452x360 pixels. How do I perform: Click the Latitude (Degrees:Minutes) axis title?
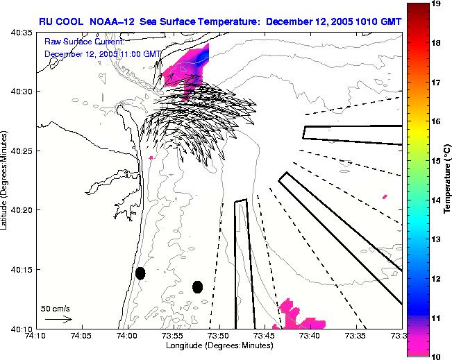(x=6, y=179)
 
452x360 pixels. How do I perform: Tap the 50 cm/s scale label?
(x=55, y=309)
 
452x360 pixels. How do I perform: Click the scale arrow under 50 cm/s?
(x=58, y=319)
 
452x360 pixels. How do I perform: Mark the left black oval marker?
(x=140, y=273)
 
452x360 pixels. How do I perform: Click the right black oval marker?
(x=197, y=286)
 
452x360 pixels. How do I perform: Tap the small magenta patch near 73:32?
(x=384, y=196)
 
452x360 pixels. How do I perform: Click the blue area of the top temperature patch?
(x=203, y=55)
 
